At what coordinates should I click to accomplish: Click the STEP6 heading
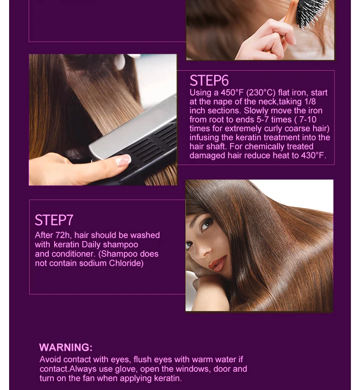click(x=209, y=80)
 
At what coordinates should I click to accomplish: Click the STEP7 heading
click(x=54, y=220)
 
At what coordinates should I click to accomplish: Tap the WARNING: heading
click(x=66, y=347)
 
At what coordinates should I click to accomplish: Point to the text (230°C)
click(x=261, y=92)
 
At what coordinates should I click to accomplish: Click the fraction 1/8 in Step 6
click(x=310, y=102)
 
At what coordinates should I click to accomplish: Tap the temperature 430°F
click(x=313, y=155)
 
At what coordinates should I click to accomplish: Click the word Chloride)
click(x=126, y=263)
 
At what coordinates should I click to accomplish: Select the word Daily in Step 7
click(x=91, y=245)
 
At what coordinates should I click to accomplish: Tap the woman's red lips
click(x=218, y=263)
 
